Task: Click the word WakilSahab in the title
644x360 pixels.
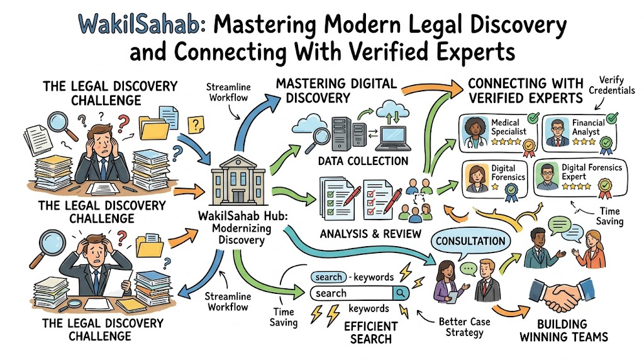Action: pos(142,25)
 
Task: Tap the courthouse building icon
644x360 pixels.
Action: pos(238,181)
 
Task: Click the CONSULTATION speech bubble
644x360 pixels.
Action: pos(470,241)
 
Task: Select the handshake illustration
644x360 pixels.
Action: pos(562,295)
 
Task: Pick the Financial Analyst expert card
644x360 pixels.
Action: pos(579,133)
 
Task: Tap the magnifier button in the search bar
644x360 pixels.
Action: pos(400,293)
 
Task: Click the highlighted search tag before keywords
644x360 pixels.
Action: pos(328,278)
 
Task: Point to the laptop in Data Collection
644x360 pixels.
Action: pos(392,138)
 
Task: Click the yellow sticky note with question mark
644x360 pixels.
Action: pos(196,124)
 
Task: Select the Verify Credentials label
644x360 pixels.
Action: pos(611,85)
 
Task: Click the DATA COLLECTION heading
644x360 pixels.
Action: pos(363,161)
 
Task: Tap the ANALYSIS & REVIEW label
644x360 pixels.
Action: pos(370,234)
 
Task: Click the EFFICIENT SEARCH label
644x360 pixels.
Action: pos(371,332)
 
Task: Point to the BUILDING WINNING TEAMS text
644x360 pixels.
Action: pos(563,331)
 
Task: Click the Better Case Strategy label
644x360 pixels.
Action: pos(465,327)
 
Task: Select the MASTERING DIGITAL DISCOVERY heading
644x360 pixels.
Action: pos(336,91)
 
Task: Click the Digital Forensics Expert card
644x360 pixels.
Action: pos(580,177)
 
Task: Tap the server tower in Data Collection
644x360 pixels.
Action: pos(341,133)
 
